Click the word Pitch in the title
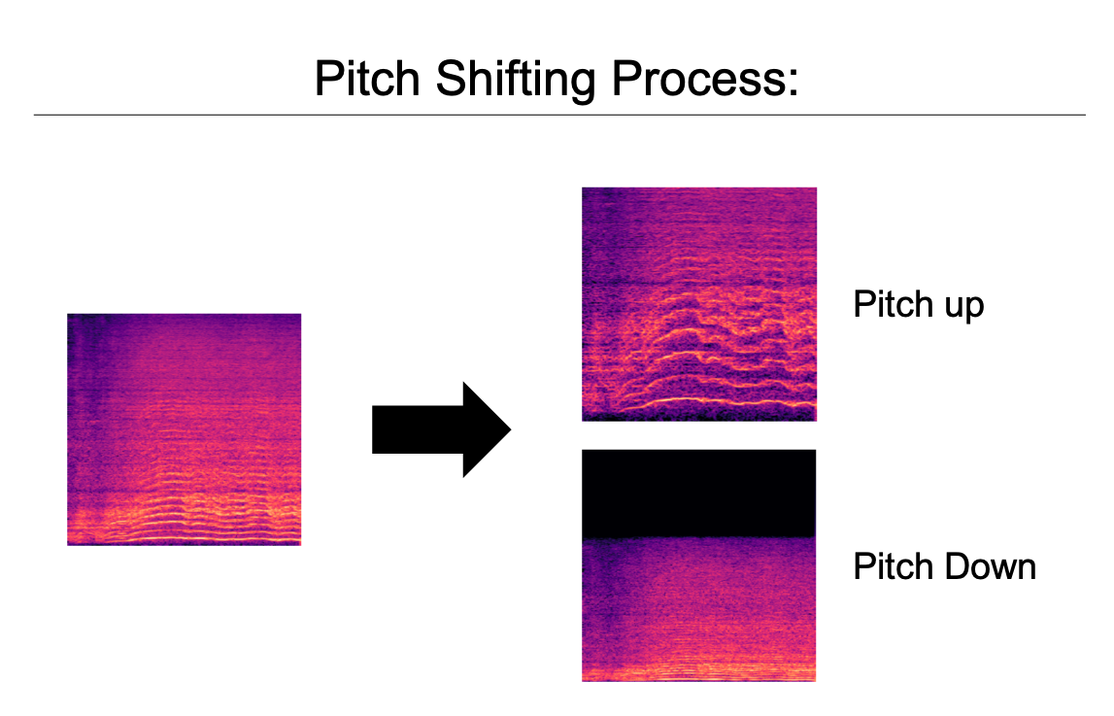(368, 79)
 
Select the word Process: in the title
(700, 79)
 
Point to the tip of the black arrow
(509, 430)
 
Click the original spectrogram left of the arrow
(184, 429)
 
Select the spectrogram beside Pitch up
(698, 304)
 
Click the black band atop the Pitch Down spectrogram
(698, 494)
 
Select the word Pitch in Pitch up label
(891, 304)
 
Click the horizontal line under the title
(559, 115)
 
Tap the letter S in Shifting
(448, 78)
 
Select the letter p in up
(974, 308)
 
